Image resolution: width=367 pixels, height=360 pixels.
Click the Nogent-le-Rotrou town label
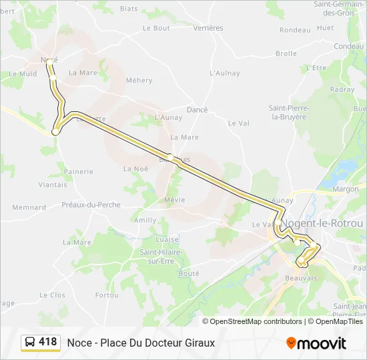322,223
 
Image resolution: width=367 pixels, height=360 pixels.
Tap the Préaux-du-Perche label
91,205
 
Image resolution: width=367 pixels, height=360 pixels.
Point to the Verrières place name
208,28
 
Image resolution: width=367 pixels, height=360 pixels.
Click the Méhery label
139,81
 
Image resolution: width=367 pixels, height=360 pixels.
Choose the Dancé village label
198,110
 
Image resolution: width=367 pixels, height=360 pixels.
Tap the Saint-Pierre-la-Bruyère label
288,112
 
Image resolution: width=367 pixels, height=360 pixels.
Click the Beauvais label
301,278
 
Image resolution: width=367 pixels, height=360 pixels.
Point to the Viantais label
53,185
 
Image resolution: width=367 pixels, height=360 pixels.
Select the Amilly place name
145,220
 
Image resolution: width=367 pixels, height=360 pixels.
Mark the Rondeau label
295,30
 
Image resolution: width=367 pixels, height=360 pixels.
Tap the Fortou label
107,295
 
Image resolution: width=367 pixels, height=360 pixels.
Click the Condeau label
349,47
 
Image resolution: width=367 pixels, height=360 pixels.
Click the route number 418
48,342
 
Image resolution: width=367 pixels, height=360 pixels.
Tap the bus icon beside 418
30,343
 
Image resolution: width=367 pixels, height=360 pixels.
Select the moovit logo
316,343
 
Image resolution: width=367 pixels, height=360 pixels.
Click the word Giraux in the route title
198,343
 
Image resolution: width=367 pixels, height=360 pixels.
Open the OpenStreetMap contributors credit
256,321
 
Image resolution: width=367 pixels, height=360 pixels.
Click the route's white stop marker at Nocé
49,61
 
